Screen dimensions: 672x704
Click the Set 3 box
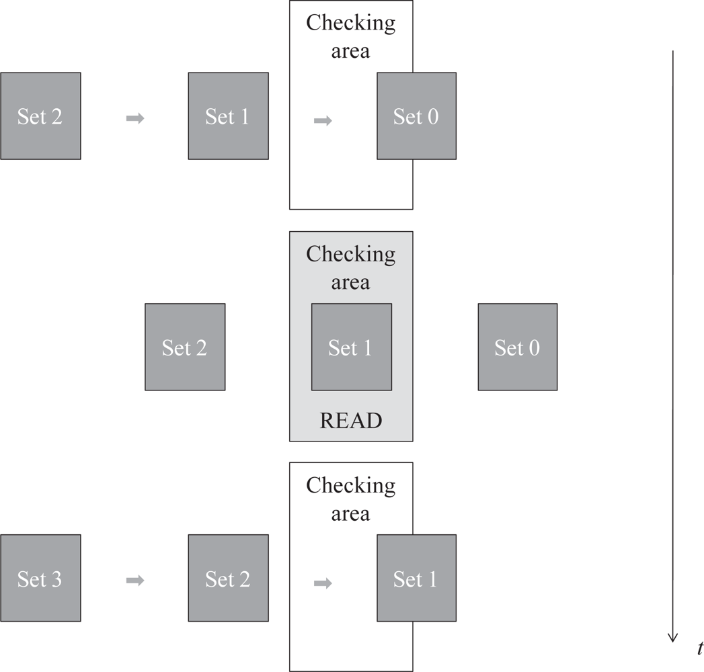40,578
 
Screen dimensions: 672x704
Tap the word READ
351,421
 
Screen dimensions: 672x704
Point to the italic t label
700,648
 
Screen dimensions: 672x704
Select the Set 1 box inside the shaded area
351,347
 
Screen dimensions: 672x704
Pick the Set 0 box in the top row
416,116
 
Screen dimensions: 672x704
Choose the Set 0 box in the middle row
517,347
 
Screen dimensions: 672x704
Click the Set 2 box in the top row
40,116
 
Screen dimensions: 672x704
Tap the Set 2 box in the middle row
185,347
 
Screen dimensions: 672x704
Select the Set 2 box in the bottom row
228,578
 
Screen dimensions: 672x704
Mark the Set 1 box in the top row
228,116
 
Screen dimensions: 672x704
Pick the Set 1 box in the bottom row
416,578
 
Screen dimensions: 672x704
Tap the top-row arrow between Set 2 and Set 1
135,119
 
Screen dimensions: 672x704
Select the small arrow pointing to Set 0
323,121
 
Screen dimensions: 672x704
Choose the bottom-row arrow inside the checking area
323,583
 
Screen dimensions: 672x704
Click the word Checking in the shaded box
351,254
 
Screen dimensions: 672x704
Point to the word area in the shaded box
351,282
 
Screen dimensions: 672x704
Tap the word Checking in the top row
351,23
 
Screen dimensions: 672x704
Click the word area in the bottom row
351,514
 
